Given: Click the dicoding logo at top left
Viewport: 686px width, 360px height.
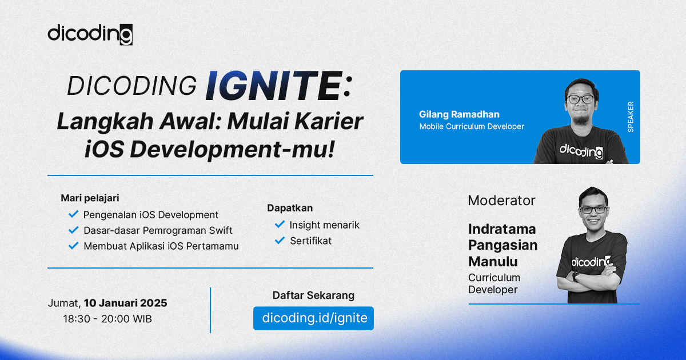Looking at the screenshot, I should (90, 34).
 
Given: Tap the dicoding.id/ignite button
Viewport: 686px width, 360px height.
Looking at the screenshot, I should (314, 318).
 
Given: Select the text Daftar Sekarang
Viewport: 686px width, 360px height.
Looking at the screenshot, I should (313, 295).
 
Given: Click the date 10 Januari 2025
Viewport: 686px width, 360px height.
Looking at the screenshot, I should (125, 303).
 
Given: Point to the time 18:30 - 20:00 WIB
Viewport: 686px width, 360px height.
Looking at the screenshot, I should (107, 319).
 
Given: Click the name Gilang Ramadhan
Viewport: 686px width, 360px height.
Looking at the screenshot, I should (458, 114).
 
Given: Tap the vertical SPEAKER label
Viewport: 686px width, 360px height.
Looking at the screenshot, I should (631, 117).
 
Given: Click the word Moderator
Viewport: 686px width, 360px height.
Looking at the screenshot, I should (501, 201).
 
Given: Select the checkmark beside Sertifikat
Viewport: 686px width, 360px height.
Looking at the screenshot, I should (280, 241).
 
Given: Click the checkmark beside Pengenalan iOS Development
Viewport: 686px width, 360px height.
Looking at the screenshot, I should (73, 214).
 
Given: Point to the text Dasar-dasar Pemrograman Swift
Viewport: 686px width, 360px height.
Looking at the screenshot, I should (158, 230).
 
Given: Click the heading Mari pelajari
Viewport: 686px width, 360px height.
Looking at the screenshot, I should (90, 198).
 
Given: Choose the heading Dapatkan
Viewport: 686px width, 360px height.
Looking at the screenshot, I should (290, 208).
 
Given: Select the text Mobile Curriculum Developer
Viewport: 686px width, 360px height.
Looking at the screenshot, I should (472, 126).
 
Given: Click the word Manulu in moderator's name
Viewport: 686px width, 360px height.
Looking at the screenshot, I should (493, 262).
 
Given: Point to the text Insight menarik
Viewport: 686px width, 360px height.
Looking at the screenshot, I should (324, 225).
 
